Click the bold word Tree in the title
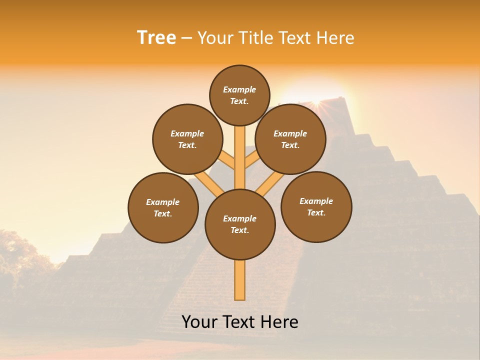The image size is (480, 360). tap(156, 38)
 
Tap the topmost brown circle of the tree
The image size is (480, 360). tap(239, 95)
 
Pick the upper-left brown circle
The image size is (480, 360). tap(187, 139)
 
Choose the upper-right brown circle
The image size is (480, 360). tap(290, 139)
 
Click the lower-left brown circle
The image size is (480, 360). tap(163, 207)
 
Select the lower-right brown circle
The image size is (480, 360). tap(316, 206)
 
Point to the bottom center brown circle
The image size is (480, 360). tap(240, 224)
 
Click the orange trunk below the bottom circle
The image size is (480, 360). tap(240, 280)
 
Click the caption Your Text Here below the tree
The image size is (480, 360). tap(240, 322)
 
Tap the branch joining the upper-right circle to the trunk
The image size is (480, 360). tap(252, 161)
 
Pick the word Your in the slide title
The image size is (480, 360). tap(215, 38)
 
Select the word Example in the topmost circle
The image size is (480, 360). tap(239, 89)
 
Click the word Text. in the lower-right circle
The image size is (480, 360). tap(316, 212)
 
